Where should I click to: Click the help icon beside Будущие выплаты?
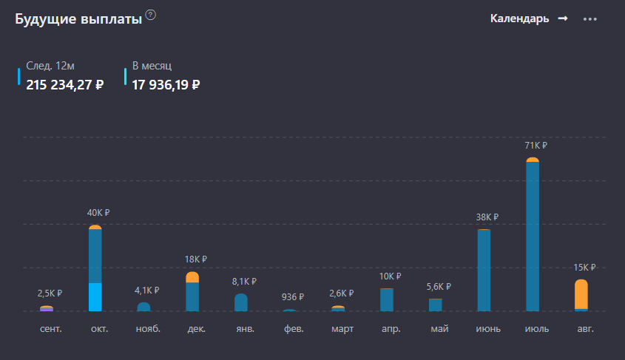[x=151, y=15]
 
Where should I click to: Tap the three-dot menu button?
[x=589, y=19]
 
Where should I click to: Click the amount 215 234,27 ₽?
[x=65, y=84]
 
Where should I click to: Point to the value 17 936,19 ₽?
[x=166, y=84]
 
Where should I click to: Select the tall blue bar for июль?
[x=533, y=237]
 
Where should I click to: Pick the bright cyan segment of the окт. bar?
[x=95, y=296]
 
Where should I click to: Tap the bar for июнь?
[x=484, y=271]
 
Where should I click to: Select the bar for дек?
[x=192, y=294]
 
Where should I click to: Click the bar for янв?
[x=241, y=302]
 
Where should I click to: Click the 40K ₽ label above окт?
[x=98, y=212]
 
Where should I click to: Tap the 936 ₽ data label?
[x=293, y=296]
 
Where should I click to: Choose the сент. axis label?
[x=50, y=328]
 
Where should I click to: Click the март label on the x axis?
[x=342, y=328]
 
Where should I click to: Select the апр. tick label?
[x=391, y=328]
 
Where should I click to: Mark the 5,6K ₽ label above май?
[x=439, y=286]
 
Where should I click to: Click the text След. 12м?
[x=50, y=66]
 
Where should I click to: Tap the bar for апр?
[x=387, y=299]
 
